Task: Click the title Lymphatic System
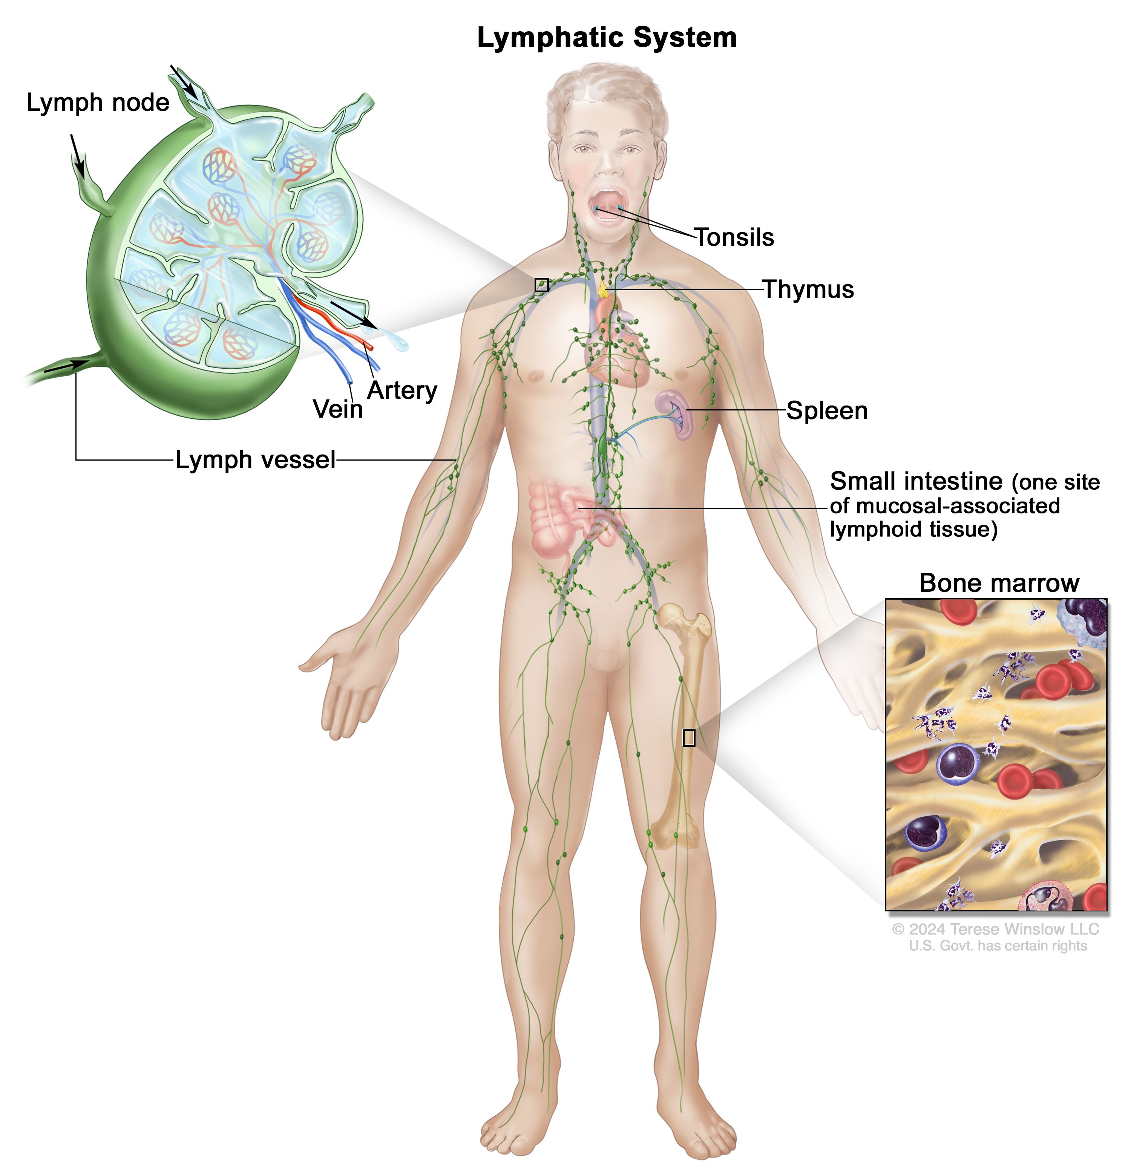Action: click(607, 38)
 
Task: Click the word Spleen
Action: click(827, 411)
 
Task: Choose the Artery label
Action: click(402, 390)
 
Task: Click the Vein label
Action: click(338, 410)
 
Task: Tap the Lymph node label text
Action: click(98, 103)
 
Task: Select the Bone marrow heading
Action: click(999, 583)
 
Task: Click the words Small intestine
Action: click(916, 481)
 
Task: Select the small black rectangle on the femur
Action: click(689, 737)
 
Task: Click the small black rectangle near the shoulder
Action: click(542, 285)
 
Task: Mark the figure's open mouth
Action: click(609, 205)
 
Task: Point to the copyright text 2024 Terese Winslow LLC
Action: click(995, 929)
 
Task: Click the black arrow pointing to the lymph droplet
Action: click(354, 315)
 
